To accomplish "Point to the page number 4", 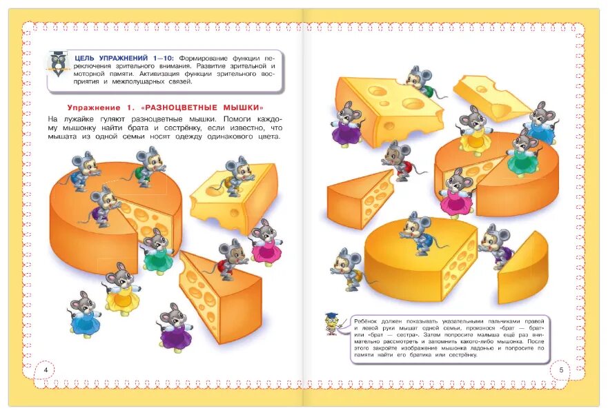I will [46, 370].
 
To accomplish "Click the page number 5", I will [561, 370].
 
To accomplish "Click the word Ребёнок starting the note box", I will [369, 321].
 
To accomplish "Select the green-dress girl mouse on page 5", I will [522, 152].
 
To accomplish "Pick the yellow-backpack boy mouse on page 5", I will [347, 270].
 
